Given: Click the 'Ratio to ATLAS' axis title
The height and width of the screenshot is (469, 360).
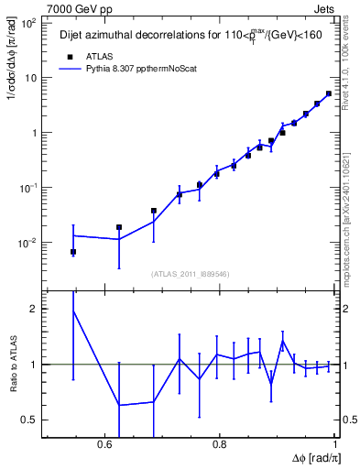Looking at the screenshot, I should pyautogui.click(x=12, y=365).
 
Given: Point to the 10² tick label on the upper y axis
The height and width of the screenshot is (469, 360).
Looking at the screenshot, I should pyautogui.click(x=27, y=23).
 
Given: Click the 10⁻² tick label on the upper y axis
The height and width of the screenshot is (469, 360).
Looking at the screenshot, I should pyautogui.click(x=27, y=243).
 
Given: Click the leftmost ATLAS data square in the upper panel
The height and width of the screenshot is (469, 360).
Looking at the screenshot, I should pyautogui.click(x=73, y=252).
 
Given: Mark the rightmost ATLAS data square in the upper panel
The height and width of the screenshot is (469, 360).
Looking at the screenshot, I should pyautogui.click(x=329, y=93).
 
